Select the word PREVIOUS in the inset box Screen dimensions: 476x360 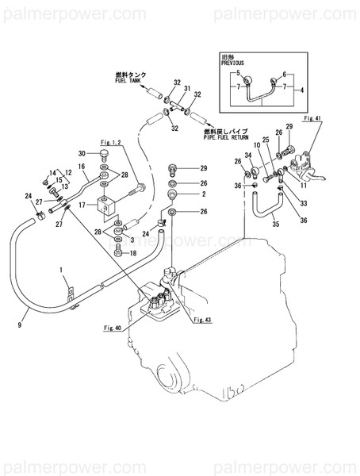coord(231,62)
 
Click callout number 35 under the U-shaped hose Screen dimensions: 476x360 coord(275,225)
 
